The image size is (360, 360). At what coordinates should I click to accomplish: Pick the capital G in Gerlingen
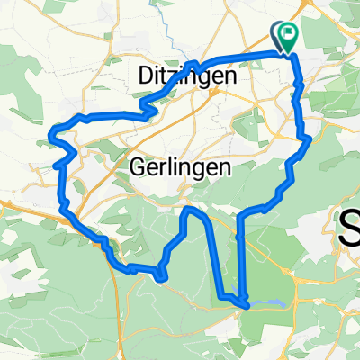pyautogui.click(x=139, y=167)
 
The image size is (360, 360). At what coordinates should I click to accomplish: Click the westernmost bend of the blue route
pyautogui.click(x=51, y=138)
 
